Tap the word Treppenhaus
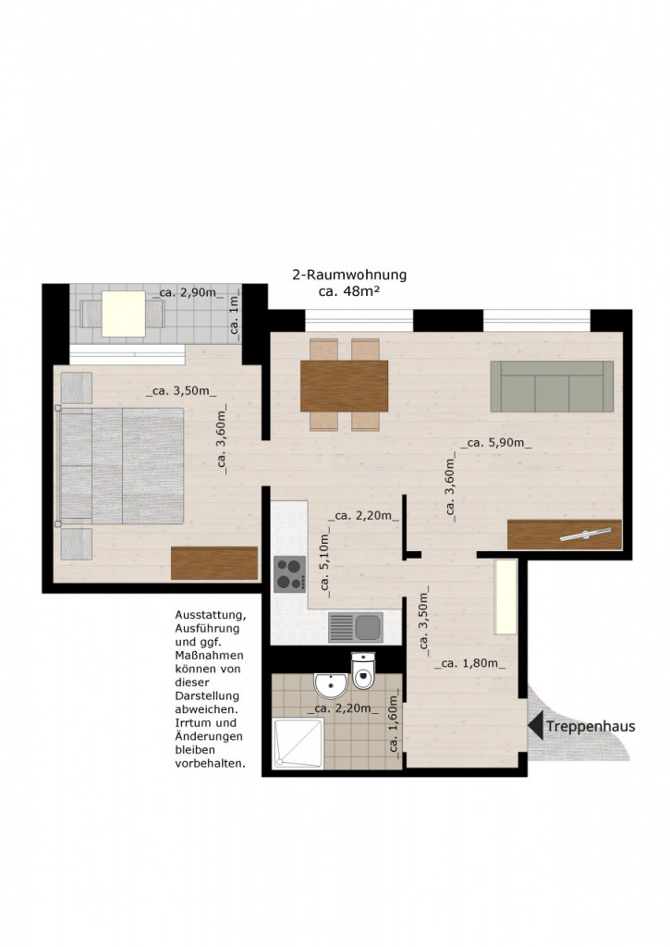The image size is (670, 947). (x=591, y=726)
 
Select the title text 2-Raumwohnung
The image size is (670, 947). (x=349, y=275)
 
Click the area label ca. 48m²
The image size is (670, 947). (x=349, y=291)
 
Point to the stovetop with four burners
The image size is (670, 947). (x=290, y=573)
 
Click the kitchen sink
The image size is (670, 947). (x=356, y=628)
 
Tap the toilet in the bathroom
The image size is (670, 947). (x=363, y=670)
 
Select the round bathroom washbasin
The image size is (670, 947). (x=331, y=685)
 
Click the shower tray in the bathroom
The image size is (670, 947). (x=298, y=743)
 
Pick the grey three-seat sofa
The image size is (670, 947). (x=552, y=387)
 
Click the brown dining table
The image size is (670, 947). (x=344, y=387)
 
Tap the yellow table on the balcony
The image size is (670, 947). (x=124, y=314)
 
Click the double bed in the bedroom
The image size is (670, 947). (x=121, y=466)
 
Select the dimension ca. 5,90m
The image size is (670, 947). (x=496, y=443)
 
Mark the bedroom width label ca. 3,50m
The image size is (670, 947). (x=181, y=391)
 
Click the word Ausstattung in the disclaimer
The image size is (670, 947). (x=211, y=615)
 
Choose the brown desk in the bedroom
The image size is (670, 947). (x=214, y=563)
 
